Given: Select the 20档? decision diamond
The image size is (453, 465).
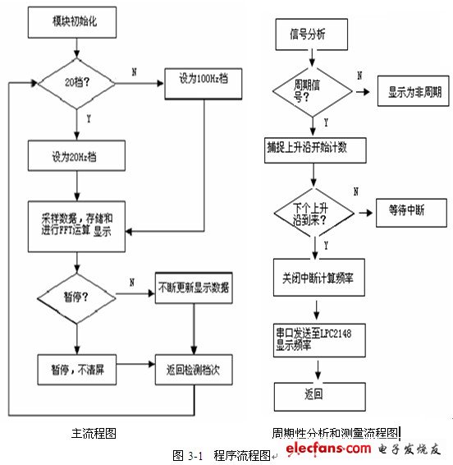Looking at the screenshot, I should [75, 84].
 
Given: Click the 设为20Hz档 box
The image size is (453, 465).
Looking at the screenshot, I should [75, 155].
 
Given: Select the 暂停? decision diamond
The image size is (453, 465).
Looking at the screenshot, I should [75, 292].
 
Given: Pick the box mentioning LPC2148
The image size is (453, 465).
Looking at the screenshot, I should [316, 340].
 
